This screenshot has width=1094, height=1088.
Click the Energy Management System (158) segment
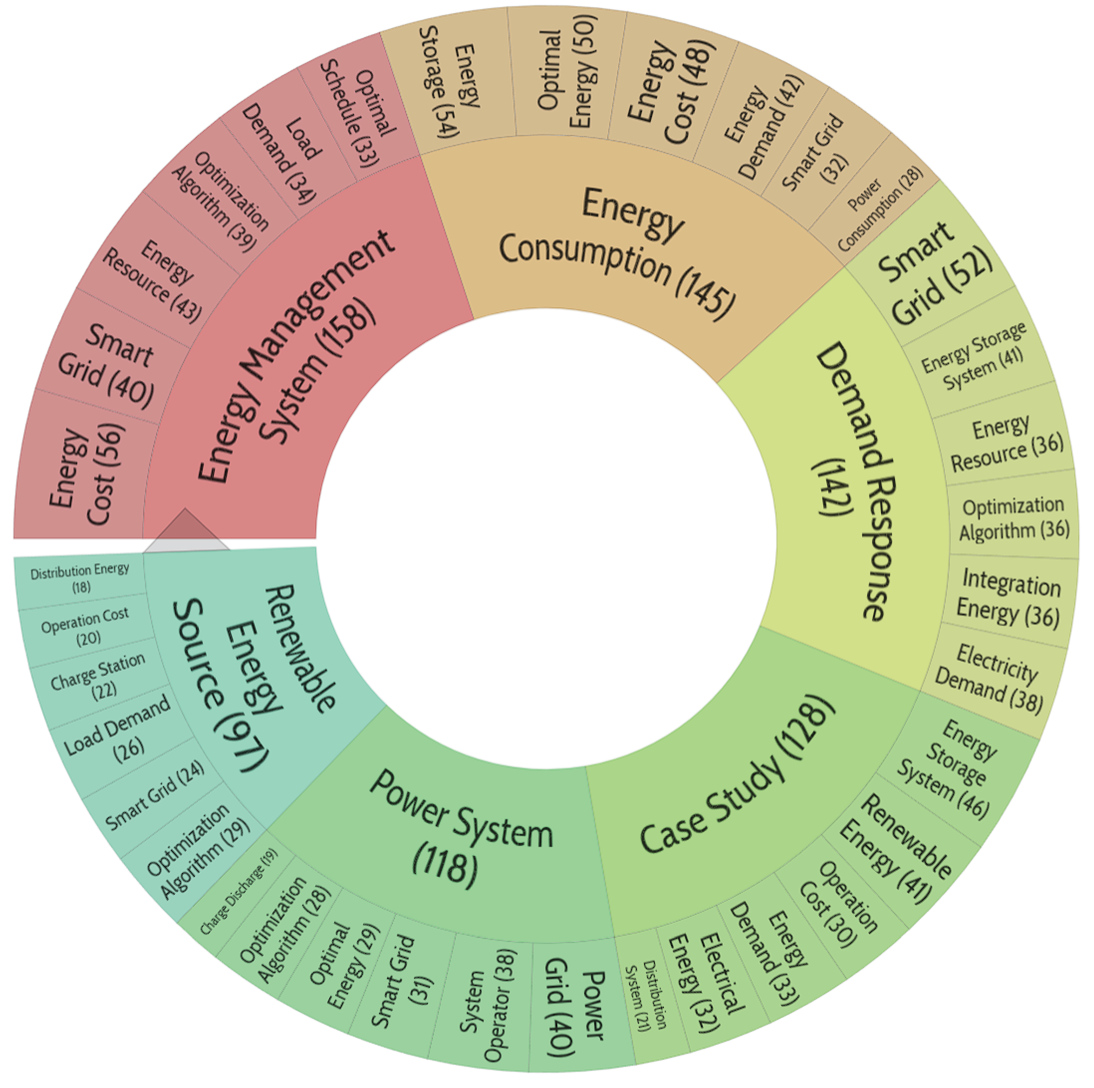tap(294, 362)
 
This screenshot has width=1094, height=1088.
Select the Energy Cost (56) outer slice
tap(85, 475)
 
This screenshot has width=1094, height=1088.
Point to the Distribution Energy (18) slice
tap(79, 578)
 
